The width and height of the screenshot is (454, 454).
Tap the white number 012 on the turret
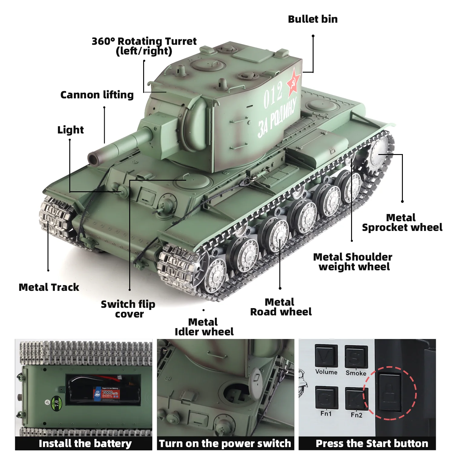[273, 95]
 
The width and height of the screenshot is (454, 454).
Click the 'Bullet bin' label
[313, 19]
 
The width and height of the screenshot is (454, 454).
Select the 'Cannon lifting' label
[97, 95]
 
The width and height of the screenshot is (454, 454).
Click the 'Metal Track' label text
[49, 287]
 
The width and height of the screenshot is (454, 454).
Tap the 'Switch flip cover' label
[128, 309]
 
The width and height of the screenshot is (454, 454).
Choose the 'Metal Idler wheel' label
[204, 327]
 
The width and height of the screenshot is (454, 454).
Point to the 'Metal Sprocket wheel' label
[402, 222]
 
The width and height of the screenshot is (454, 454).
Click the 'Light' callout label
[71, 130]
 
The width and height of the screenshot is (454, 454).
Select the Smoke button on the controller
[356, 357]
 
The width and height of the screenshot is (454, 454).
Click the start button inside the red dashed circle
[390, 392]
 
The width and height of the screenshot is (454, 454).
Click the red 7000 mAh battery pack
[107, 393]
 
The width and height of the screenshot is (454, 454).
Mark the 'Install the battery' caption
[85, 443]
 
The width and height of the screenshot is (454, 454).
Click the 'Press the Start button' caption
[372, 443]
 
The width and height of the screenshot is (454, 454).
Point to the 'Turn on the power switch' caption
[225, 443]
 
